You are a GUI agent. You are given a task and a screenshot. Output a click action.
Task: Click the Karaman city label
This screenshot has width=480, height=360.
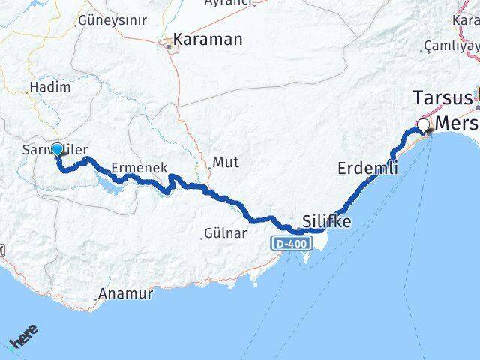click(x=208, y=40)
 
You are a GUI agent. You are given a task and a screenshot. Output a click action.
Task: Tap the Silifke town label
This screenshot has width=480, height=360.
click(x=326, y=220)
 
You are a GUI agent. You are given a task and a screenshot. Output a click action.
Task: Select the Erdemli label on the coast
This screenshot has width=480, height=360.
click(x=367, y=168)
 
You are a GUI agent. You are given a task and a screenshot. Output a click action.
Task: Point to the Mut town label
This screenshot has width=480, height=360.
click(x=226, y=161)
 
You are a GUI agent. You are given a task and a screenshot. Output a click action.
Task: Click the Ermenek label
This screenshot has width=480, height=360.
click(x=138, y=168)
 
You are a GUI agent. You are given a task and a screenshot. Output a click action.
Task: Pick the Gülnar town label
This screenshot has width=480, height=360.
click(x=226, y=234)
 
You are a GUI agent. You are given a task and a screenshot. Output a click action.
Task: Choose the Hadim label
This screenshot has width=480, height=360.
click(x=52, y=87)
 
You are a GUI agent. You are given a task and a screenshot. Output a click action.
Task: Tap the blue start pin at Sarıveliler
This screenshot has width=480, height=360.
click(x=57, y=150)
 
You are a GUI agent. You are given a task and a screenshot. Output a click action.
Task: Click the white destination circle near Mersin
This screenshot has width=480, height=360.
click(x=424, y=125)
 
